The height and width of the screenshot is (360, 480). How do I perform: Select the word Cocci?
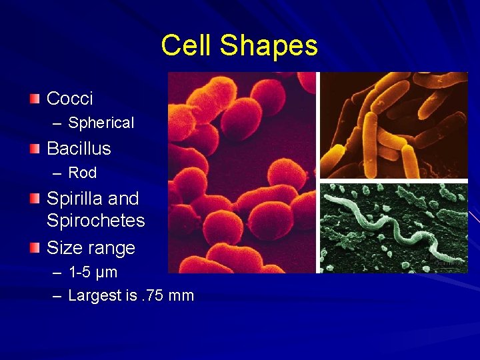69,99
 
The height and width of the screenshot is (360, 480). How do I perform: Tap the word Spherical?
101,123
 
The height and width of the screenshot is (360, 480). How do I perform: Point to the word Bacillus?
79,148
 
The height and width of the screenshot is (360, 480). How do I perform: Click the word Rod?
83,173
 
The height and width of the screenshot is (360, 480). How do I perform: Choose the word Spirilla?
73,199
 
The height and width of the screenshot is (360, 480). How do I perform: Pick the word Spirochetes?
95,220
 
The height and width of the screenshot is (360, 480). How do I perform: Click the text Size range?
91,248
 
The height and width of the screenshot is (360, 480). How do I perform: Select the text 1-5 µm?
93,273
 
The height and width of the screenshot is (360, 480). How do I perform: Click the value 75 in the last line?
155,296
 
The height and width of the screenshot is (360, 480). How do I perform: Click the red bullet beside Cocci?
35,99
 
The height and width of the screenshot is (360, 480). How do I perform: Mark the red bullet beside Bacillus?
35,149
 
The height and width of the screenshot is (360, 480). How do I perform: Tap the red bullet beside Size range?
35,249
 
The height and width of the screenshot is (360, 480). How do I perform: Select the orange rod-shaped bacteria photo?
393,125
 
